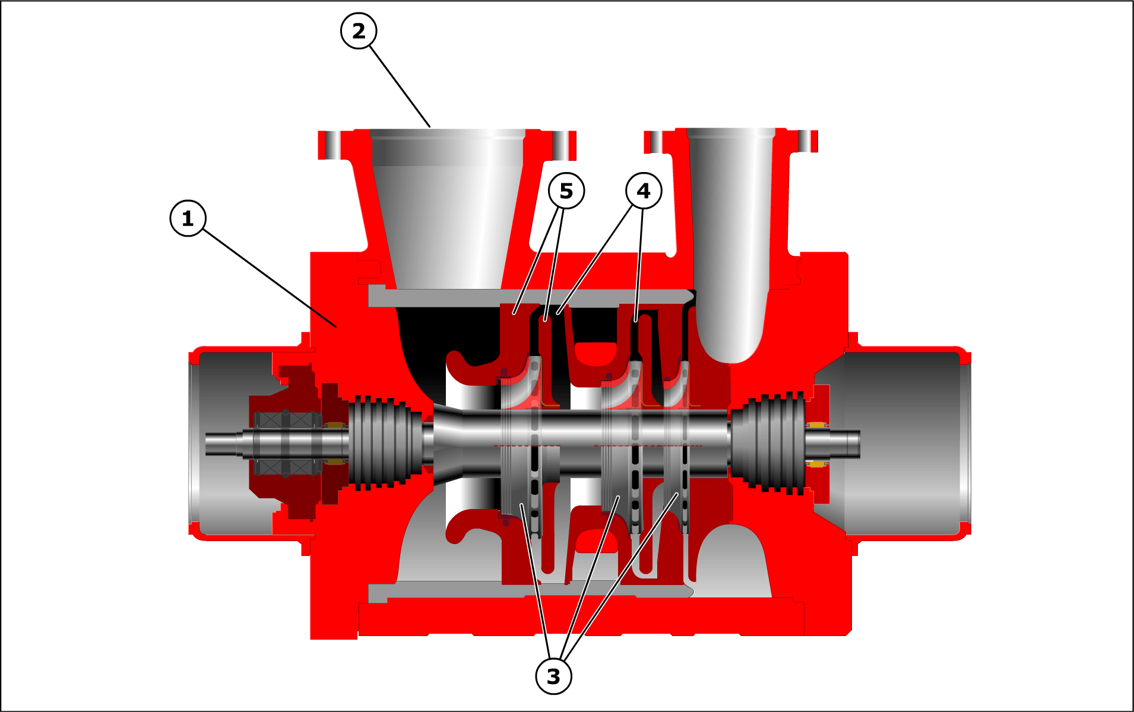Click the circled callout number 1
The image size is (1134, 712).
[x=188, y=218]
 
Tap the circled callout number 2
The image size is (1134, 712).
[x=359, y=31]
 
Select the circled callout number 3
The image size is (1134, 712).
[x=553, y=676]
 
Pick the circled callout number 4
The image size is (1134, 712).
[x=644, y=190]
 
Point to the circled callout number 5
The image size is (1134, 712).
[x=566, y=190]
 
